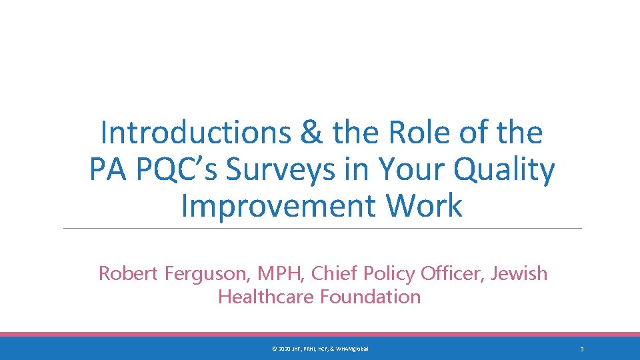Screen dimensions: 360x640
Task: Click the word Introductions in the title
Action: tap(195, 133)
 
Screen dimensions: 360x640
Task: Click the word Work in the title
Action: tap(425, 205)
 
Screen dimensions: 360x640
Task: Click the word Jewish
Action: tap(519, 273)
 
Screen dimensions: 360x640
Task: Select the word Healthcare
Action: tap(266, 297)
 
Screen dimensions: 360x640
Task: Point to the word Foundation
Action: tap(370, 297)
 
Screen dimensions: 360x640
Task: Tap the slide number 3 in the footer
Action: tap(582, 349)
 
